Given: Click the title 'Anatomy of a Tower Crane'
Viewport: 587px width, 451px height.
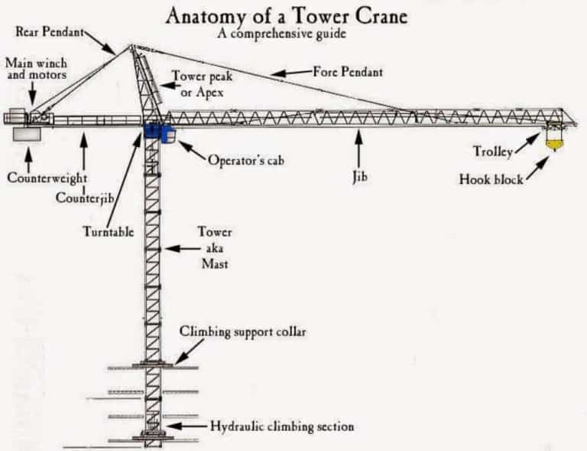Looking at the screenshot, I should point(293,15).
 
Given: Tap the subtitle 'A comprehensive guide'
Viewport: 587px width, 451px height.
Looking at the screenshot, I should point(293,33).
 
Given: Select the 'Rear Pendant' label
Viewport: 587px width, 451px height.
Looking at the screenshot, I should point(48,31).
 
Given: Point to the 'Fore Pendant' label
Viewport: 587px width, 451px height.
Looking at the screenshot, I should point(347,72).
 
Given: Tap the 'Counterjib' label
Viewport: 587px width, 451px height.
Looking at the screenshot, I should point(84,198).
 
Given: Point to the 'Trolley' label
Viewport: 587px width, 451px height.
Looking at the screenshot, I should point(492,151).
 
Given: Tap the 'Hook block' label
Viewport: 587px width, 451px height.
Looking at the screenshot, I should point(491,180).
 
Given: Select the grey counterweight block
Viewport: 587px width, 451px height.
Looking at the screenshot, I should point(28,133).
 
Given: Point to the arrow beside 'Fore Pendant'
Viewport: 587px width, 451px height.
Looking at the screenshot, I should point(290,73).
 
